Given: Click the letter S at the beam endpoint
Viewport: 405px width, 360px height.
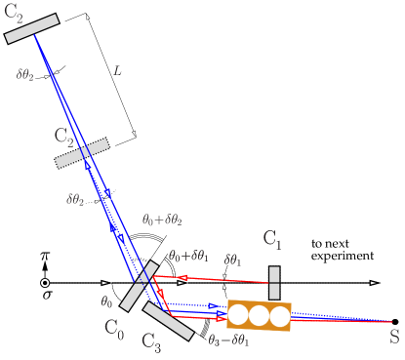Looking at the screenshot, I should [x=394, y=338].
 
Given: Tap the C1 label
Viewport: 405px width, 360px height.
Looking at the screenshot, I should [x=272, y=239].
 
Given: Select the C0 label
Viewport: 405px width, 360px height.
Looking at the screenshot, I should [x=114, y=329].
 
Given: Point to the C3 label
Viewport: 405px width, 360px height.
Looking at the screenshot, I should [x=151, y=341].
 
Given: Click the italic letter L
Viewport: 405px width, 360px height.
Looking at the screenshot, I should [x=117, y=70].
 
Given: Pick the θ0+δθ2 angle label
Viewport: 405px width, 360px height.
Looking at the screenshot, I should [x=162, y=220].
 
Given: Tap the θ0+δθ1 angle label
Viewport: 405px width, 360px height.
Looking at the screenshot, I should [x=188, y=256].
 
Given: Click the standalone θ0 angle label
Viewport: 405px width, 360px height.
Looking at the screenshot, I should [x=106, y=302].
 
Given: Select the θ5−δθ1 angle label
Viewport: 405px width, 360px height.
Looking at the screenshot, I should [x=228, y=340].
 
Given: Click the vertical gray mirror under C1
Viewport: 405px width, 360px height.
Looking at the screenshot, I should [x=274, y=283].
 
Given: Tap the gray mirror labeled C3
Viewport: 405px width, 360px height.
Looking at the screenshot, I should [x=168, y=321].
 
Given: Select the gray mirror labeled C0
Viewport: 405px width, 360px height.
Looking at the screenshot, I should [x=139, y=286].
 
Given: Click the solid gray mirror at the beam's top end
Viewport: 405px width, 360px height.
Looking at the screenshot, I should [x=32, y=28].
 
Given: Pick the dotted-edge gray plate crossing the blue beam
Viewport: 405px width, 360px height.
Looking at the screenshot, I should [x=82, y=152].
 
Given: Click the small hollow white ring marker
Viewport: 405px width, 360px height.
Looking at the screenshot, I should [x=45, y=283].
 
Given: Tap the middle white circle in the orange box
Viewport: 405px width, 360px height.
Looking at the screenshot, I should [x=259, y=315].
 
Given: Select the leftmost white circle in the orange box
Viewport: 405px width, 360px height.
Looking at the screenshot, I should [x=238, y=315].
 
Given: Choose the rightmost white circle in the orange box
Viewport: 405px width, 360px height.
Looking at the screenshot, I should [x=280, y=316].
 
